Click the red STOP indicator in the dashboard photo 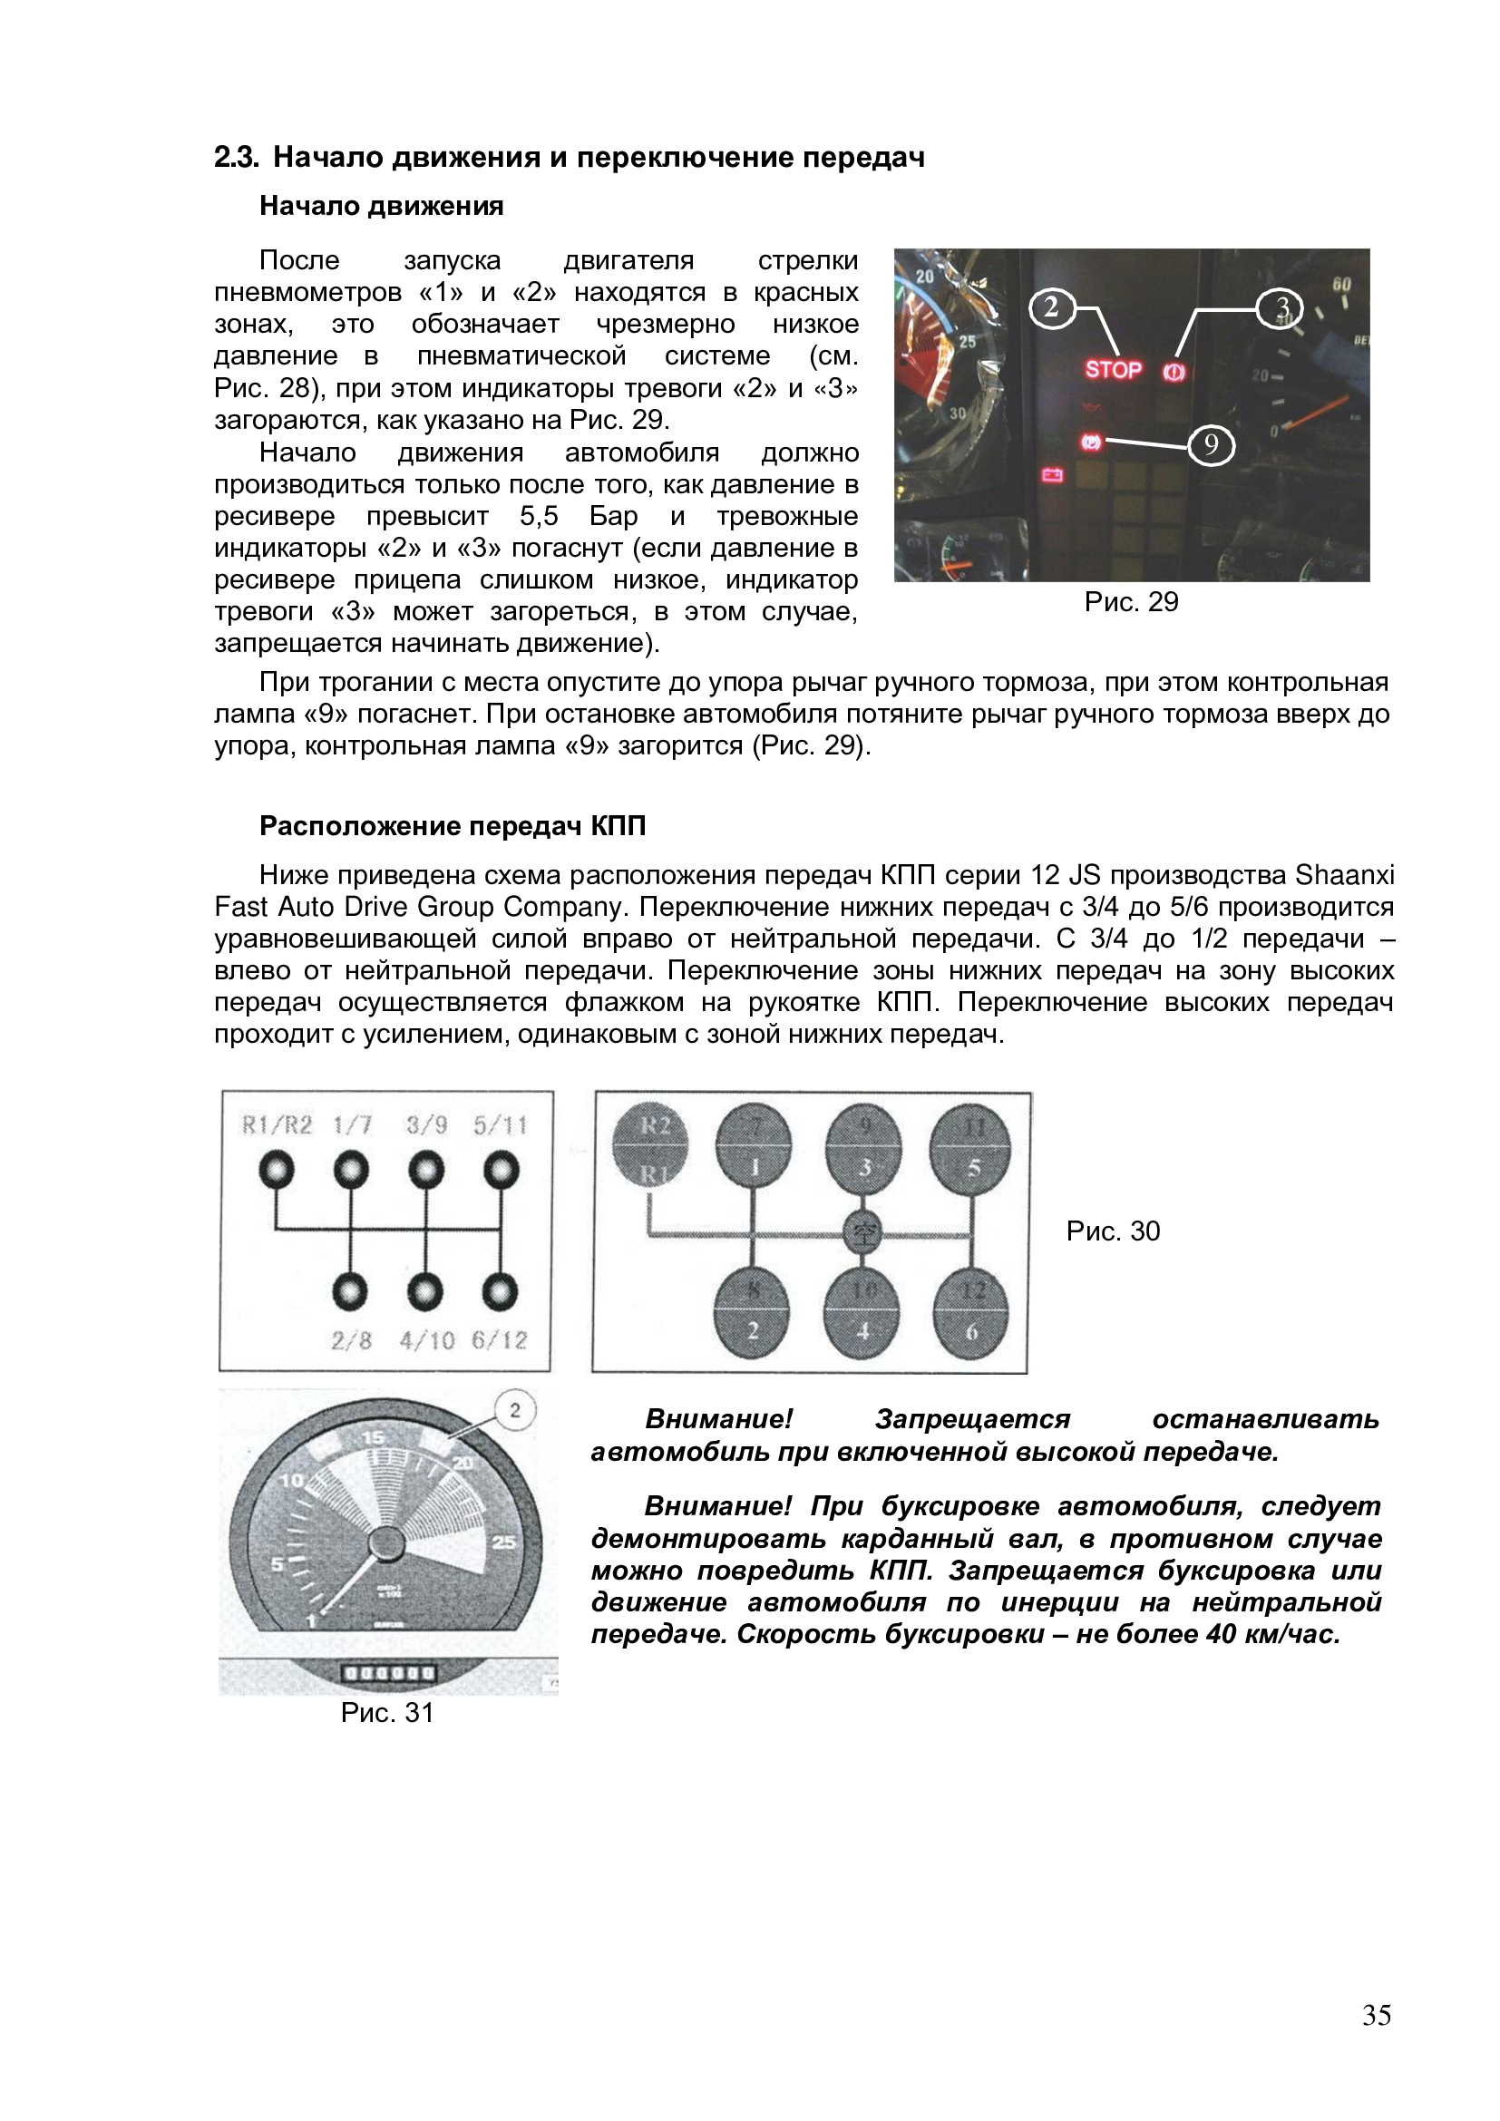(1113, 369)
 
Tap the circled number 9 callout (1211, 446)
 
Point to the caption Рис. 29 (1132, 602)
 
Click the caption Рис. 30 (1113, 1231)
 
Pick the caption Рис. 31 (387, 1714)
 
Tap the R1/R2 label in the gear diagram (277, 1125)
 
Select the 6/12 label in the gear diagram (499, 1340)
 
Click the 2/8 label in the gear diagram (351, 1340)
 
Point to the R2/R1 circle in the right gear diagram (650, 1145)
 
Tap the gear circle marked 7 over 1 (754, 1147)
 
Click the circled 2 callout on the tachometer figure (515, 1411)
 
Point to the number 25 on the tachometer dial (504, 1541)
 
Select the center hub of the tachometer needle (385, 1544)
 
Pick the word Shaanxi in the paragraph (1345, 875)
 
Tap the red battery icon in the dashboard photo (1052, 476)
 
